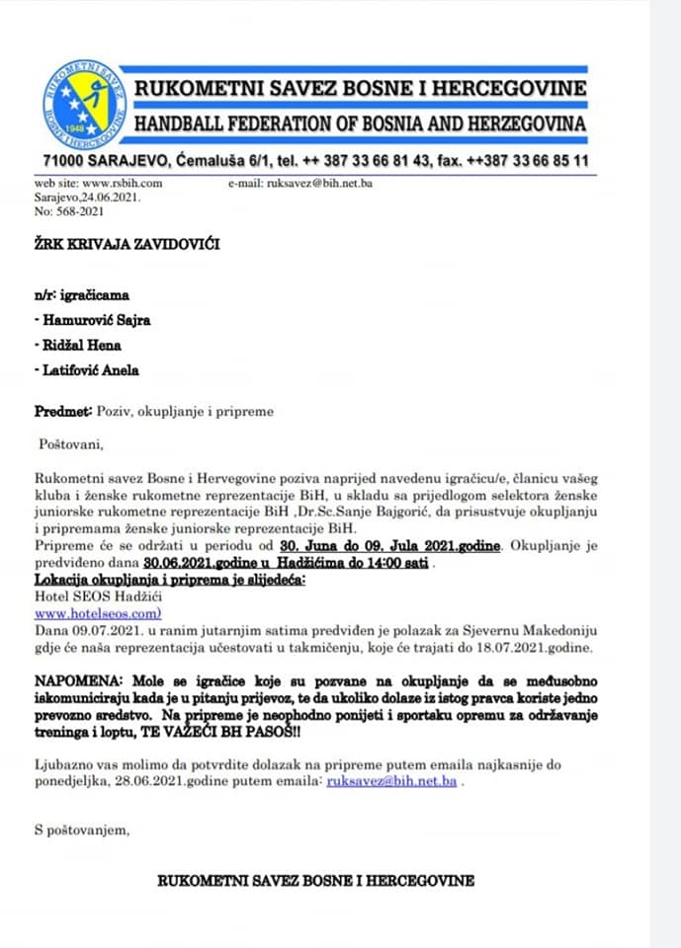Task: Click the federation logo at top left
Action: click(x=84, y=101)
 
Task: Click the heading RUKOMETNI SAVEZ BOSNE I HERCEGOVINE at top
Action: click(x=360, y=89)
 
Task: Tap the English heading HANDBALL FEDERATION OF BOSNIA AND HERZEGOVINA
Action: click(x=360, y=124)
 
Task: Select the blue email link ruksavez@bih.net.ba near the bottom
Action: click(x=391, y=781)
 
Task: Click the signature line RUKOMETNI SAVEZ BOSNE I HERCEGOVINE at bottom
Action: click(x=315, y=880)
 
